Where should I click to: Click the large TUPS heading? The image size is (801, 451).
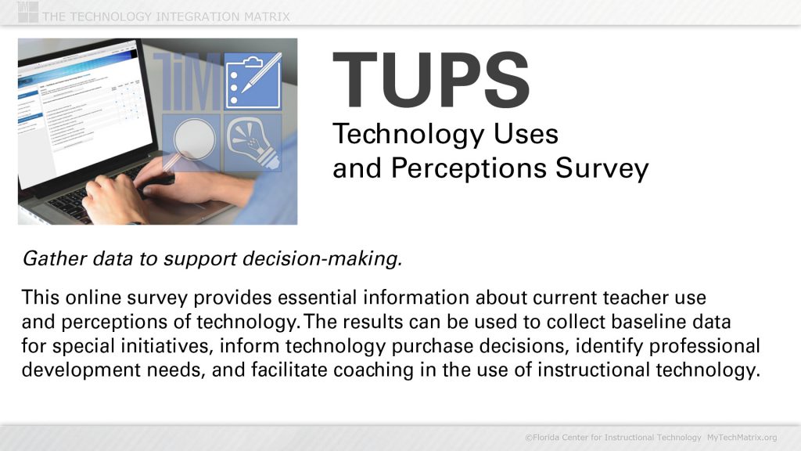pos(431,81)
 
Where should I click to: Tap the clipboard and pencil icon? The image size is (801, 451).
pos(252,81)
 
